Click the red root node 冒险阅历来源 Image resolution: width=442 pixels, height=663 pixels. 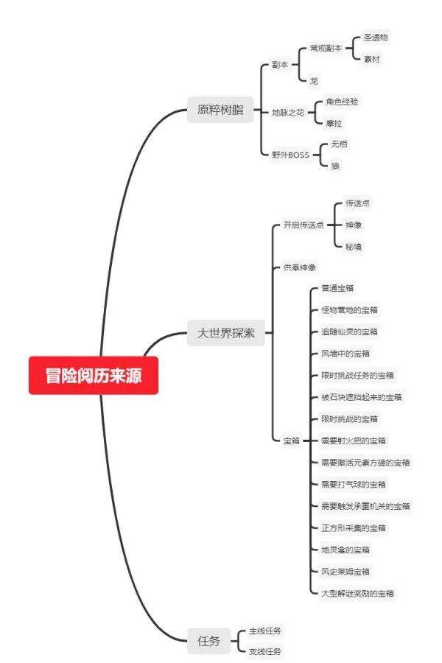pyautogui.click(x=94, y=376)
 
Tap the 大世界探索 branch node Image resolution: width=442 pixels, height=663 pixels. pyautogui.click(x=225, y=332)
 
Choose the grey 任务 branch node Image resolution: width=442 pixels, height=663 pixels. pyautogui.click(x=208, y=641)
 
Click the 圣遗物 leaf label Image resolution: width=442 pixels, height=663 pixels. pyautogui.click(x=376, y=37)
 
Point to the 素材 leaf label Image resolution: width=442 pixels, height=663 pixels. pyautogui.click(x=373, y=57)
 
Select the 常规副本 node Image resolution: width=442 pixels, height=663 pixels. pyautogui.click(x=326, y=47)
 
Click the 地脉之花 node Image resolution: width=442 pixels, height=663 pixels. pyautogui.click(x=287, y=112)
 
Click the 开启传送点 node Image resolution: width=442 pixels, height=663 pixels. pyautogui.click(x=304, y=225)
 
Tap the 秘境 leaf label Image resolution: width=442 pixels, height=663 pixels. pyautogui.click(x=354, y=246)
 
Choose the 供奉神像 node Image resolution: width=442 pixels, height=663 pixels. pyautogui.click(x=300, y=267)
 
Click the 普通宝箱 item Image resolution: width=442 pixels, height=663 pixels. pyautogui.click(x=337, y=288)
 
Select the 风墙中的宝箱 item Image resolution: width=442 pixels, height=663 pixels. pyautogui.click(x=345, y=354)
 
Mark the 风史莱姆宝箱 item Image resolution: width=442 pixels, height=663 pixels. pyautogui.click(x=345, y=571)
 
